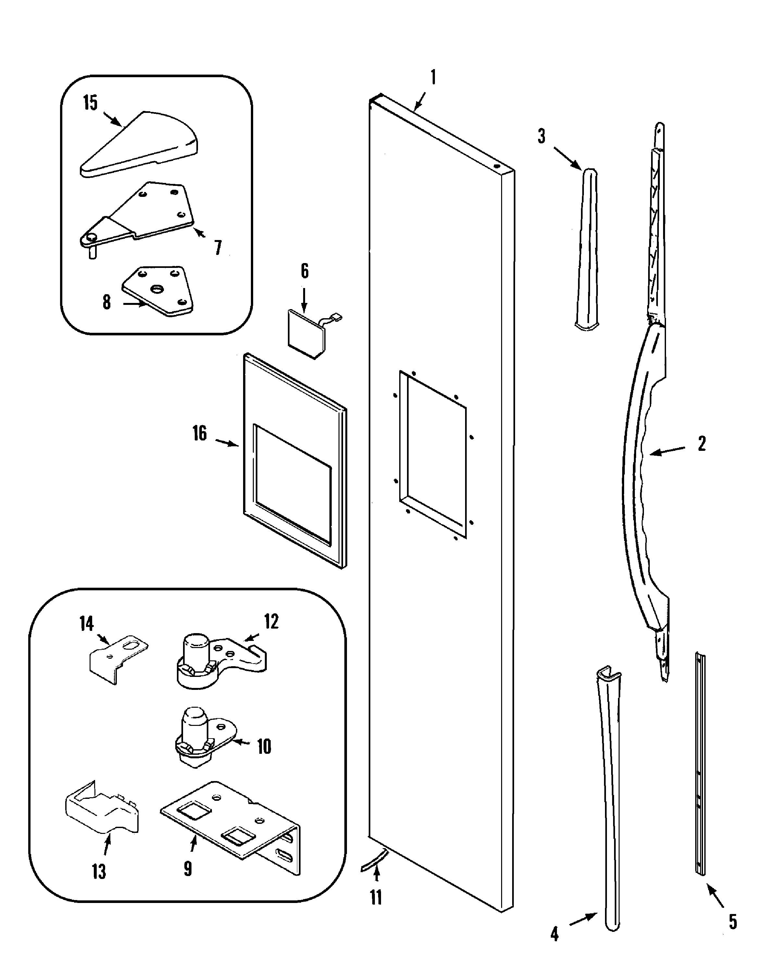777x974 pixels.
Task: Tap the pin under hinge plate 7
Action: pyautogui.click(x=92, y=253)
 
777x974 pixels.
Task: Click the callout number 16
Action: pyautogui.click(x=199, y=433)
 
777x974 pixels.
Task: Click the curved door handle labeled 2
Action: pyautogui.click(x=642, y=474)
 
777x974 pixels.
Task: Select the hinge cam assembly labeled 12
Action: pyautogui.click(x=217, y=662)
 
